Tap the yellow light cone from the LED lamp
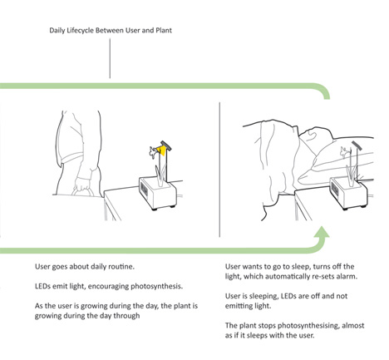click(161, 150)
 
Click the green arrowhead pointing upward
click(322, 232)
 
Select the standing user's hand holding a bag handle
click(82, 184)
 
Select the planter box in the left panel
click(158, 194)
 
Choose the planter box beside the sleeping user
click(349, 194)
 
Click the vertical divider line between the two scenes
click(219, 170)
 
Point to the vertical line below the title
click(110, 58)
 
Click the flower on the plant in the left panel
click(153, 152)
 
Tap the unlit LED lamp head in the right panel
click(357, 145)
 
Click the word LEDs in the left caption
click(42, 286)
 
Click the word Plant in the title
click(164, 31)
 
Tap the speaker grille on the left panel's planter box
click(144, 190)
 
